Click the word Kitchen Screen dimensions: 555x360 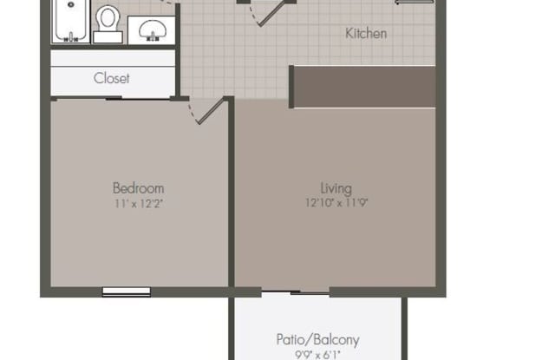pyautogui.click(x=366, y=34)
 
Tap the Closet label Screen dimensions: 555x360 pyautogui.click(x=112, y=78)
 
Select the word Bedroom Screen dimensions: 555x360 pyautogui.click(x=139, y=188)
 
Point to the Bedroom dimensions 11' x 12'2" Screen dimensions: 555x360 pyautogui.click(x=139, y=204)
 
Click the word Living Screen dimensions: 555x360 pyautogui.click(x=336, y=188)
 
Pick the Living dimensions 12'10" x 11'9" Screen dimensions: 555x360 pyautogui.click(x=336, y=203)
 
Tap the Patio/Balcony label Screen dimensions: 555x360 pyautogui.click(x=318, y=340)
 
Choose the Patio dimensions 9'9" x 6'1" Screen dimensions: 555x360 pyautogui.click(x=317, y=354)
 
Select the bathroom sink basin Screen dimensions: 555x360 pyautogui.click(x=153, y=29)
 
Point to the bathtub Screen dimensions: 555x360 pyautogui.click(x=71, y=21)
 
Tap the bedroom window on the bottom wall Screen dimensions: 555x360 pyautogui.click(x=127, y=292)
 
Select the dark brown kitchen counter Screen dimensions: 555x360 pyautogui.click(x=362, y=87)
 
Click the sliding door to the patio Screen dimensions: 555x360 pyautogui.click(x=296, y=292)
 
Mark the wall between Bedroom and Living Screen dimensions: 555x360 pyautogui.click(x=231, y=192)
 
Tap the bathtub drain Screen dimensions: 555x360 pyautogui.click(x=71, y=5)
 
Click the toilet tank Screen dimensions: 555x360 pyautogui.click(x=108, y=36)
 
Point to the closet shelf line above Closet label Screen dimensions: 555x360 pyautogui.click(x=113, y=66)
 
